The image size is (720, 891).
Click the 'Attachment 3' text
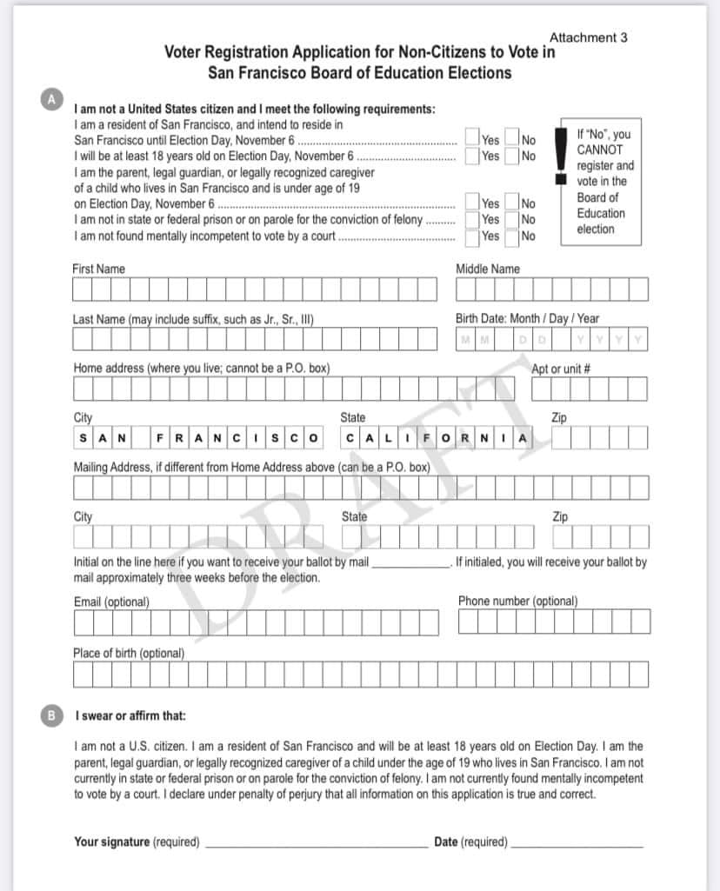(588, 37)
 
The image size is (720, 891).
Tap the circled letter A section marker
(52, 99)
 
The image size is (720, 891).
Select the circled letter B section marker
(52, 716)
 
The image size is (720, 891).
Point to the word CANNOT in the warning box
(600, 150)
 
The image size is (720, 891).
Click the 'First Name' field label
(98, 269)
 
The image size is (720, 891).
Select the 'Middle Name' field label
(488, 269)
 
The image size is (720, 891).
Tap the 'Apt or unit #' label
(561, 369)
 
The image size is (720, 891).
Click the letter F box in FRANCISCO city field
(161, 437)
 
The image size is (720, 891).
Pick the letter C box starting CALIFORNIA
(350, 437)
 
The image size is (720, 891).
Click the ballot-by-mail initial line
(410, 564)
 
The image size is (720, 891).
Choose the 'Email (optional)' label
(111, 602)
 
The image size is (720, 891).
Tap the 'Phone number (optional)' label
(517, 602)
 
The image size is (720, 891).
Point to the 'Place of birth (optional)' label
(129, 653)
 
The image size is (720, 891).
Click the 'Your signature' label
(111, 841)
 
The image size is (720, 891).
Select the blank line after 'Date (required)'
(578, 843)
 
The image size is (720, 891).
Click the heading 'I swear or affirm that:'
(130, 716)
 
